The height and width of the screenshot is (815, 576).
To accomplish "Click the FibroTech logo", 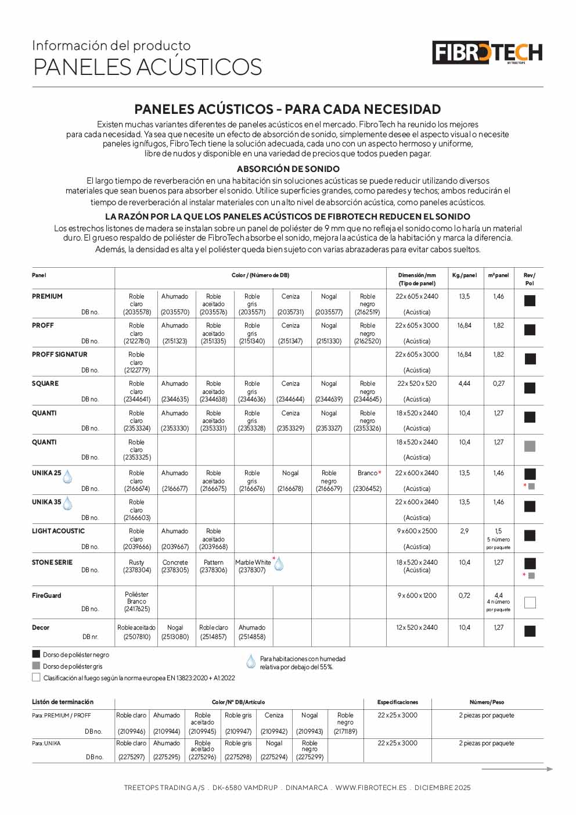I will (487, 53).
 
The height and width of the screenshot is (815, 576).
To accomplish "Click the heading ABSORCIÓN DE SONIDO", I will (288, 169).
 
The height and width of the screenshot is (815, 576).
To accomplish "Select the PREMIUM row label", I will (47, 296).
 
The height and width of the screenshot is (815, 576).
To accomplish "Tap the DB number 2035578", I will (136, 312).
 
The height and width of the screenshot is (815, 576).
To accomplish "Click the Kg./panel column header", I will (464, 275).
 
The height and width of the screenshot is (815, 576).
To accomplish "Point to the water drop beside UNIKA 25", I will (67, 477).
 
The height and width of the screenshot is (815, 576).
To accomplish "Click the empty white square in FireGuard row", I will (530, 602).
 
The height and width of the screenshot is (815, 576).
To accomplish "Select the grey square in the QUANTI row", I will (530, 446).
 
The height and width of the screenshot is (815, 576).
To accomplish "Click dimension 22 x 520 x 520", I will (417, 383).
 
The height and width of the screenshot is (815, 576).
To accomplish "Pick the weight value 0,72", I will (464, 595).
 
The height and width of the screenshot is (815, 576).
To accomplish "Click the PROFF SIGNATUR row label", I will (59, 354).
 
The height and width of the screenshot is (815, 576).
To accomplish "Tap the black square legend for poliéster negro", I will (36, 654).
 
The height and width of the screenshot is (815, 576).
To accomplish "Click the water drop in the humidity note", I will (251, 662).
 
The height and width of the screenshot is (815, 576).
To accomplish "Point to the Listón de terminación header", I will (63, 702).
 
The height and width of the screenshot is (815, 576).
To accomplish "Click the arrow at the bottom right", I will (517, 769).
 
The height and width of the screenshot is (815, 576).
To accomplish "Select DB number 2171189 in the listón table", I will (345, 731).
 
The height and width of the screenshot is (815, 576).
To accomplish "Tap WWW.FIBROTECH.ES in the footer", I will (371, 788).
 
